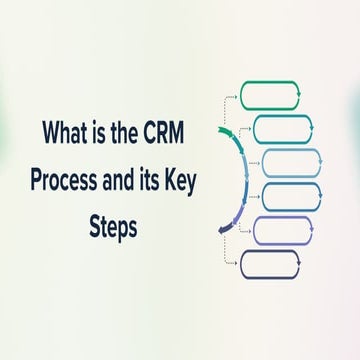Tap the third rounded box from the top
coord(291,161)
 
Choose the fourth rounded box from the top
coord(291,196)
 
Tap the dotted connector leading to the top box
coord(228,100)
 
